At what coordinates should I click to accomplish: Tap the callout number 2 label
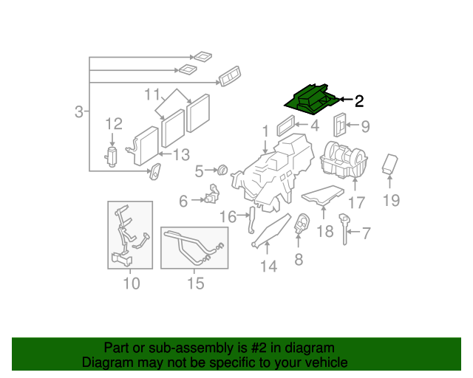coord(359,101)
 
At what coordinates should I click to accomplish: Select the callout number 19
coord(391,200)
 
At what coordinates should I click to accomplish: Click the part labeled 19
coord(390,165)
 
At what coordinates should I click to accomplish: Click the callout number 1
coord(265,132)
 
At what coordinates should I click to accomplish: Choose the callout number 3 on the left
coord(79,112)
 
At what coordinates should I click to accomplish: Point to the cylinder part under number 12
coord(112,156)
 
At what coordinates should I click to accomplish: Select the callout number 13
coord(181,154)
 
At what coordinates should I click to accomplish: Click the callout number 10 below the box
coord(130,283)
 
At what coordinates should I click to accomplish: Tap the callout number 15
coord(194,283)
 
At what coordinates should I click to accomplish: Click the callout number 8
coord(299,259)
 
